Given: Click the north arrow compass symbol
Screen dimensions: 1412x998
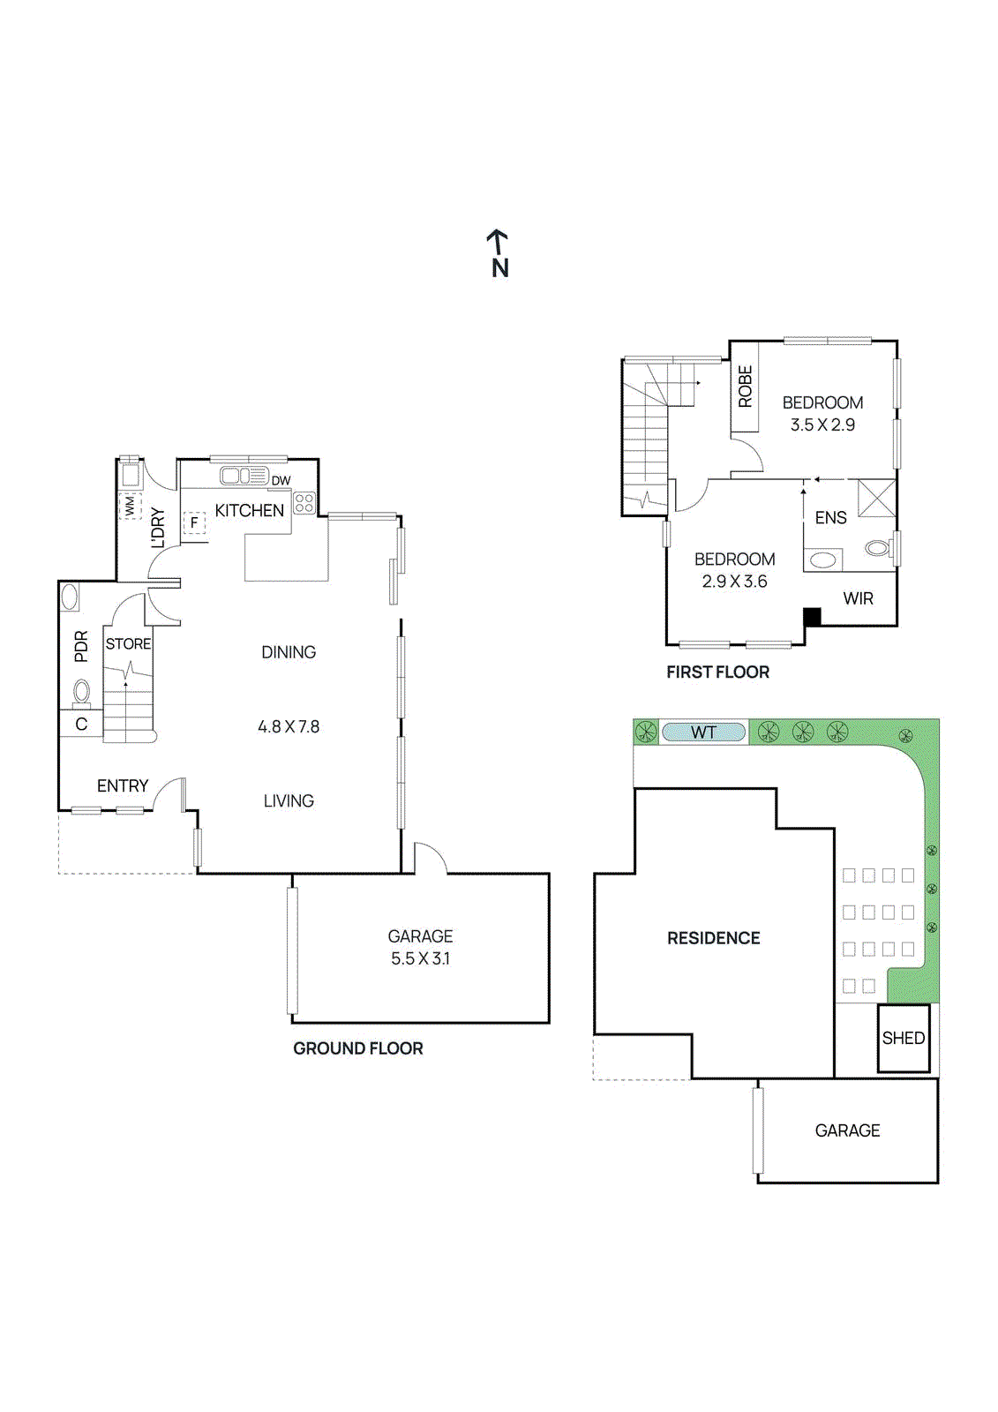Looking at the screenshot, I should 499,253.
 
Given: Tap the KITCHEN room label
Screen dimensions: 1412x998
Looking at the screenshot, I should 250,511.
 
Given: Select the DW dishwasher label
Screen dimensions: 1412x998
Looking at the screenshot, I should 281,481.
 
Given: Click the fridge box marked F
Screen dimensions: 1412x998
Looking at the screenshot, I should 194,522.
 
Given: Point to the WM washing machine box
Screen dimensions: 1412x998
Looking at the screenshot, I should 130,506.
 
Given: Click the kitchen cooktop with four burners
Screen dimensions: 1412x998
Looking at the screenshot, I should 304,503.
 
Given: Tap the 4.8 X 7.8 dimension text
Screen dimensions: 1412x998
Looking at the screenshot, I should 289,727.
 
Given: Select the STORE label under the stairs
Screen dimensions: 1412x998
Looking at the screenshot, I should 128,644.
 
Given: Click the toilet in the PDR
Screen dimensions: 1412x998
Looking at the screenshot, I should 81,692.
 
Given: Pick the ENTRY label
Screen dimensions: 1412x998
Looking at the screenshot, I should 123,786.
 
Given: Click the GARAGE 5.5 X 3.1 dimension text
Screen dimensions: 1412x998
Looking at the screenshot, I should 420,958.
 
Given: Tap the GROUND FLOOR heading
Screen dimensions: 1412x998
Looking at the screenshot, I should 357,1048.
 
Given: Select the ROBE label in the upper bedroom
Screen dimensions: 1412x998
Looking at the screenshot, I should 746,387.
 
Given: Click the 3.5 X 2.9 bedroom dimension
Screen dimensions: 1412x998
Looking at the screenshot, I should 822,425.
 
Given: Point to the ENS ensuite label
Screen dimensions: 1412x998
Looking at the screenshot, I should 830,518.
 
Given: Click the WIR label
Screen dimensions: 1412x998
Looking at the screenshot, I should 858,599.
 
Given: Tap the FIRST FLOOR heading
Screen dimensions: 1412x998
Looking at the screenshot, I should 717,672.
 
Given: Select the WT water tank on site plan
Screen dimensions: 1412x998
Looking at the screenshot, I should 703,732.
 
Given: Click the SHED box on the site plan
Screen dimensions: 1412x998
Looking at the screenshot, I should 904,1039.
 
